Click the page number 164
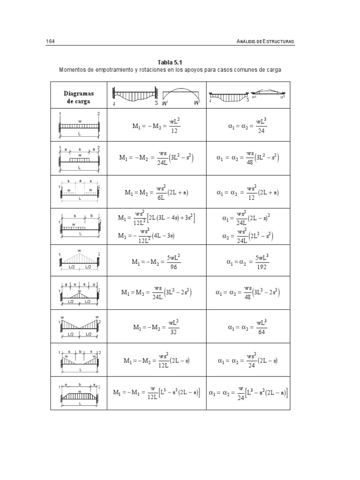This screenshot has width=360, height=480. click(x=51, y=42)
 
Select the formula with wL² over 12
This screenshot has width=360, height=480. click(x=157, y=125)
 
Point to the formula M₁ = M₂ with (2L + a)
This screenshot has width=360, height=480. click(x=157, y=192)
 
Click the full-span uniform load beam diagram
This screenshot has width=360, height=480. click(x=79, y=125)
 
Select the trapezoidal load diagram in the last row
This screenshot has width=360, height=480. click(x=79, y=393)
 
